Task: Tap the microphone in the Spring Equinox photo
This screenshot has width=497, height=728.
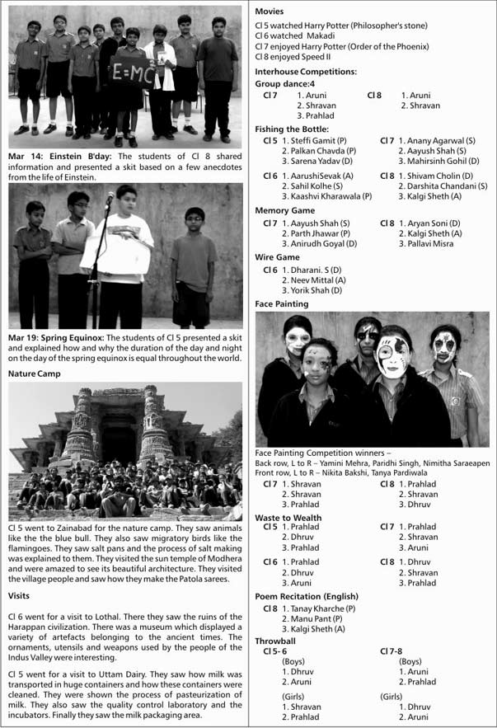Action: tap(110, 199)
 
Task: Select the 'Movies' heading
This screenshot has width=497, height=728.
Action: tap(270, 12)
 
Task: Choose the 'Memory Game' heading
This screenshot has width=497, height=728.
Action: tap(284, 211)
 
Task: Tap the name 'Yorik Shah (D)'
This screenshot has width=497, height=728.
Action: tap(312, 291)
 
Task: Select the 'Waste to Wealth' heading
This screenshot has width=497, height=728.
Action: tap(288, 518)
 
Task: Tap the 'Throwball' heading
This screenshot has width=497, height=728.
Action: tap(275, 641)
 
